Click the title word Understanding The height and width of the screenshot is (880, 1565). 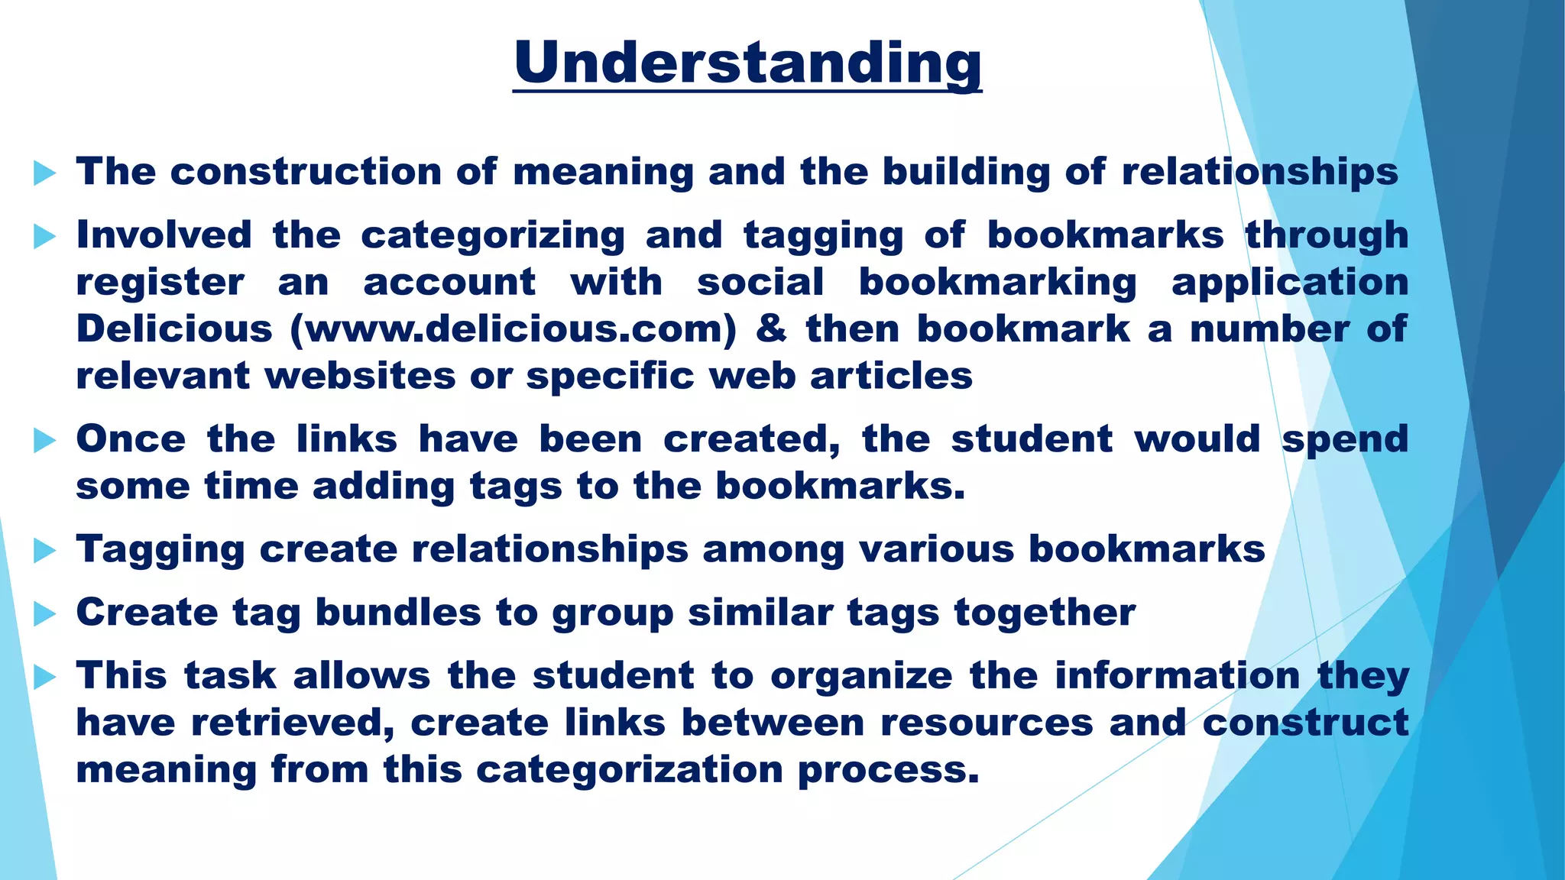pos(747,63)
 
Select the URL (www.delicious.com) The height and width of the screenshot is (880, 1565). pos(514,329)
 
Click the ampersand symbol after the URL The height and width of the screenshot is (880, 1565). pos(771,329)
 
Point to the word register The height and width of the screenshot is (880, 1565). pos(160,282)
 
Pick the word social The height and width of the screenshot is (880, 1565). pos(760,282)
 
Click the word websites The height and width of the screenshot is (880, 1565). pos(360,376)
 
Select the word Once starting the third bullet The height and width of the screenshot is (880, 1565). pos(131,439)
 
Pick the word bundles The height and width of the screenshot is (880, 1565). pos(397,612)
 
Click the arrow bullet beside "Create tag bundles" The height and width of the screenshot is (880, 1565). pos(45,613)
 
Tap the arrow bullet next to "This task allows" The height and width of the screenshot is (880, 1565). pos(45,677)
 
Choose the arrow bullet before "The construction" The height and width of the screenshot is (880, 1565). pos(45,173)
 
